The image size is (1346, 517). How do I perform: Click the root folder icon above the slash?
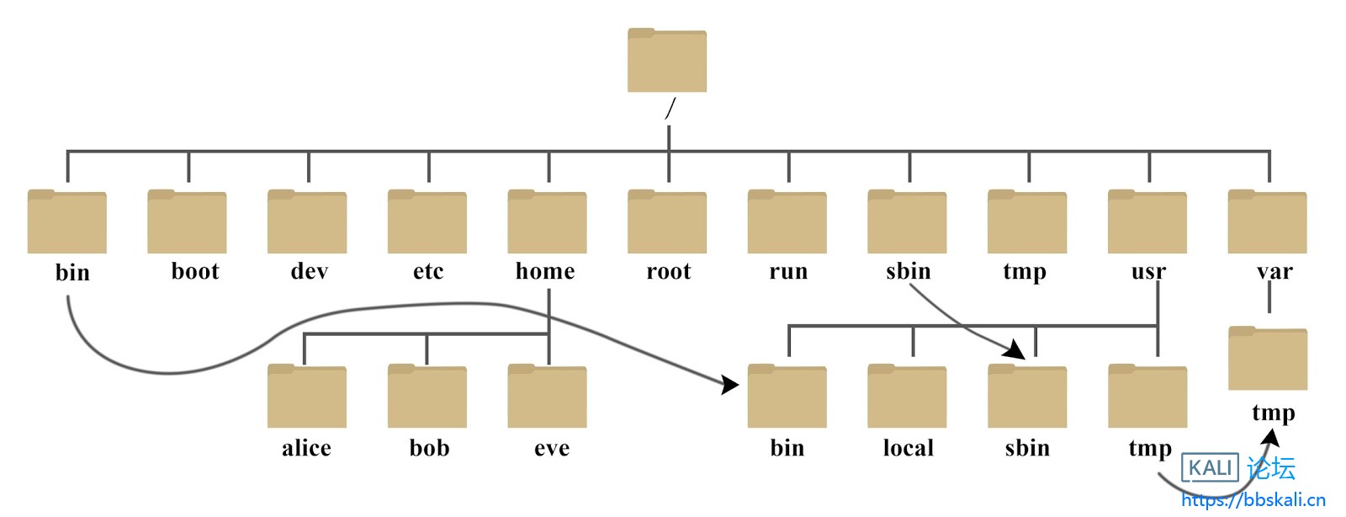click(667, 61)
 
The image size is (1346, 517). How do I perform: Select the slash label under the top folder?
click(670, 109)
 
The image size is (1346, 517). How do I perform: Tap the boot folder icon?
click(187, 222)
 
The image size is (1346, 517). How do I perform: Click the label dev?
click(309, 271)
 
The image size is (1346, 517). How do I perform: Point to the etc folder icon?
click(427, 222)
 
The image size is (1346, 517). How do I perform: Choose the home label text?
click(545, 271)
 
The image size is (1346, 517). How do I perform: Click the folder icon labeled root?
click(667, 222)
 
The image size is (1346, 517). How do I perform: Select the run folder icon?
click(787, 222)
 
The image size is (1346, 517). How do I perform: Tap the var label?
click(1274, 271)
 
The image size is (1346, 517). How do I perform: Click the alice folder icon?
click(306, 397)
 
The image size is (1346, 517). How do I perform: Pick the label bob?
click(429, 448)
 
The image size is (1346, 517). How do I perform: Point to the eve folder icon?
click(547, 397)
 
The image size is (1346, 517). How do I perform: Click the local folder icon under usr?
click(907, 397)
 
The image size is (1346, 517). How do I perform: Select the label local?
click(908, 448)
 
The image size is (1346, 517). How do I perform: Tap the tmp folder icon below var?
click(1267, 359)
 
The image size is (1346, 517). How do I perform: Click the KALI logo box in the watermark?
click(1211, 467)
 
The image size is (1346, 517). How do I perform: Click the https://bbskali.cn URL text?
click(1253, 500)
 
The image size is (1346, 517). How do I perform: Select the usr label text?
click(1148, 271)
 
